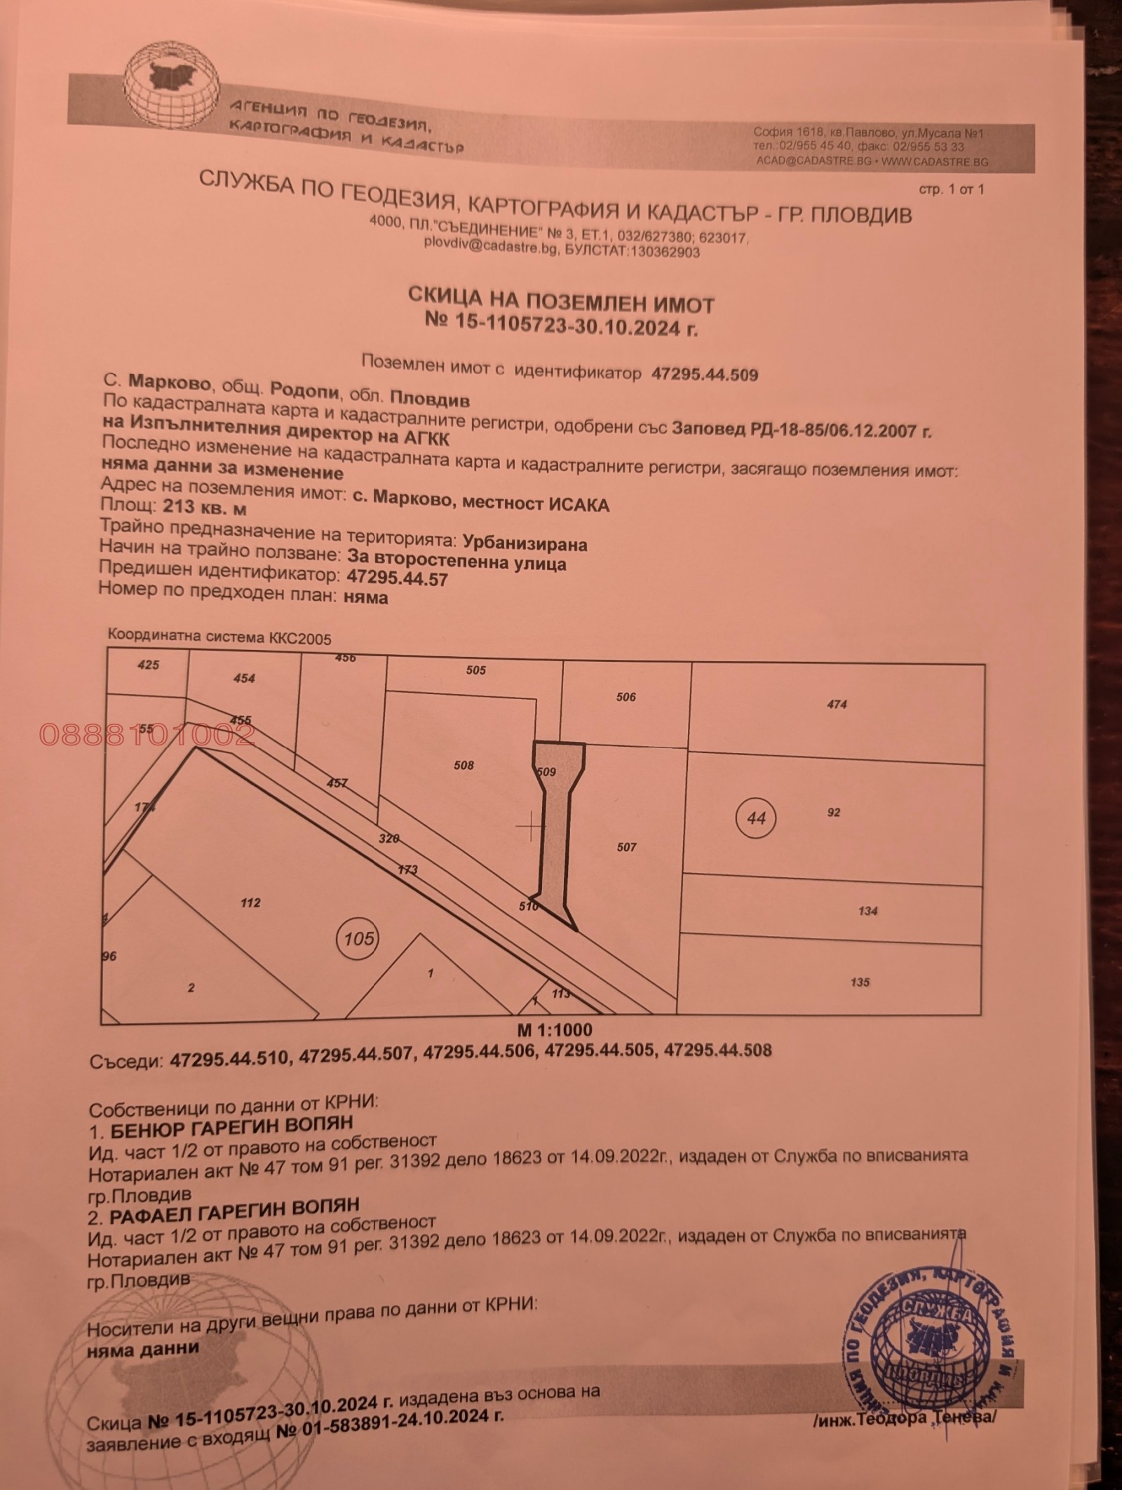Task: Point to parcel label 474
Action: (x=837, y=704)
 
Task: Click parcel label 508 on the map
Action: (x=464, y=765)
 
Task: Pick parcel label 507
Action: (x=626, y=847)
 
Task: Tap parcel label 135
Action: (x=860, y=982)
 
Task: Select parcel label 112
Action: (x=250, y=902)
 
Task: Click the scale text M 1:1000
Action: (x=554, y=1030)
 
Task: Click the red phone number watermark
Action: (x=147, y=735)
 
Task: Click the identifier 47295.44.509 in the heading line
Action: (x=705, y=374)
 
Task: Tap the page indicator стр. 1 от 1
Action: (x=951, y=189)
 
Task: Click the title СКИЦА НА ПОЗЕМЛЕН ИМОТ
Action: (x=561, y=304)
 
